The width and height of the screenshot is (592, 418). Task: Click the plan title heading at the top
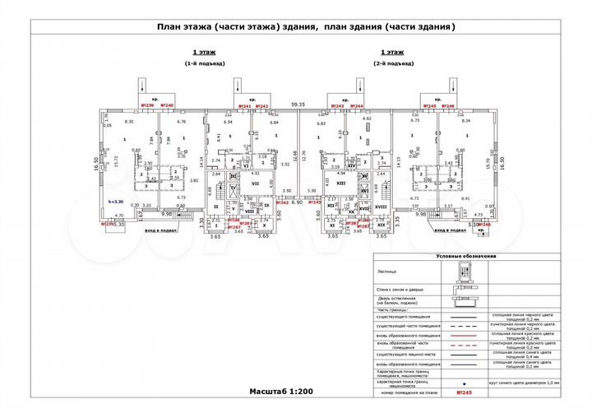[305, 26]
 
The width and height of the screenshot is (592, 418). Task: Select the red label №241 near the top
[244, 107]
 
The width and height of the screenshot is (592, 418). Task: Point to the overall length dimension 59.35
[298, 104]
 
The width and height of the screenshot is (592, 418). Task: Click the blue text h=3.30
[115, 201]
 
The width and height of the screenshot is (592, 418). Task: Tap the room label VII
[256, 183]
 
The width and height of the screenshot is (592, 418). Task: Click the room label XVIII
[381, 207]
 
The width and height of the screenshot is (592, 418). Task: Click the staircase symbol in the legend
[459, 271]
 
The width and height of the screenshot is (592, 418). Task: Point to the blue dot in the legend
[464, 382]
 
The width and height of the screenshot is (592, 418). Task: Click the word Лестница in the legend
[386, 271]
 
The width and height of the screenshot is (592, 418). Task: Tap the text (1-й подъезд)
[204, 63]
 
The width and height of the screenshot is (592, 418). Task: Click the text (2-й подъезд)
[391, 63]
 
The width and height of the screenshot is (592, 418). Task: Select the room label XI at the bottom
[332, 224]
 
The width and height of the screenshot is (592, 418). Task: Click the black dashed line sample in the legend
[464, 327]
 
